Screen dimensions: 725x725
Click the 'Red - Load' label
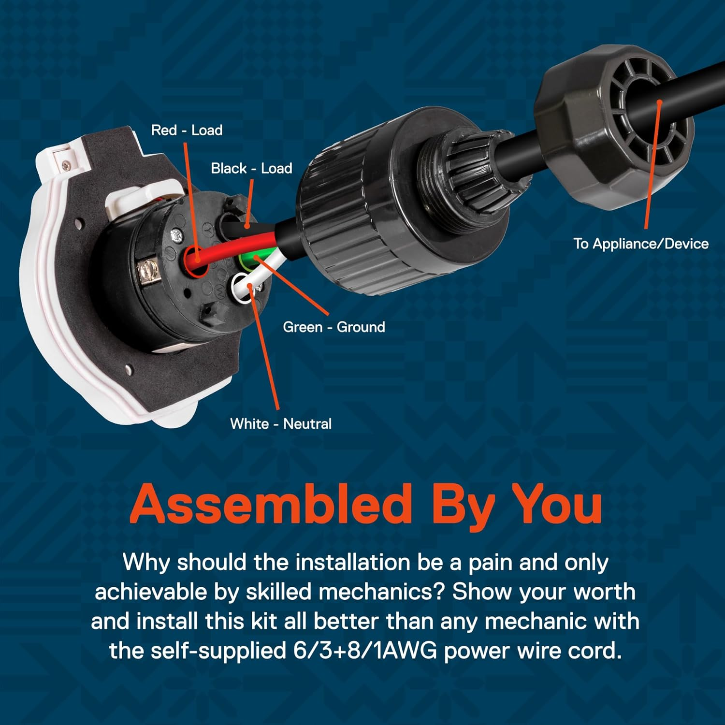(187, 130)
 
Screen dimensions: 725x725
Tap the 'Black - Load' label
(251, 169)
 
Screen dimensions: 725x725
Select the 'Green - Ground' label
(333, 327)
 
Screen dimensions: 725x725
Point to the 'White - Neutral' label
(281, 424)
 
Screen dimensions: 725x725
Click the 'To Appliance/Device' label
(640, 244)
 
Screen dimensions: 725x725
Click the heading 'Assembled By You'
(366, 504)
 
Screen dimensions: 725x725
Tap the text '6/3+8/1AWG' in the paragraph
(364, 651)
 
